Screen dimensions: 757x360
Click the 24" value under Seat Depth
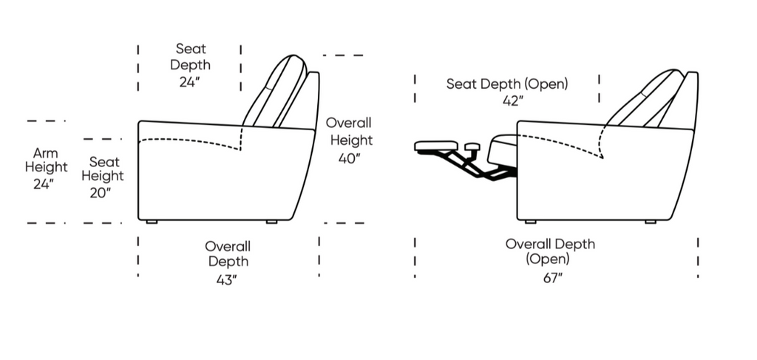[x=190, y=82]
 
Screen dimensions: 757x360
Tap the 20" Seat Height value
[x=101, y=193]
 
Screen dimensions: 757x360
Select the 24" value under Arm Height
[x=44, y=184]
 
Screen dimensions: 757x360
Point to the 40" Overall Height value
[x=350, y=158]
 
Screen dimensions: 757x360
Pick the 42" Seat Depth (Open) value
[x=513, y=101]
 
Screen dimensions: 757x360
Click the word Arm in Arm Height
[x=45, y=154]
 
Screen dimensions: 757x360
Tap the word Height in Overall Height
[x=351, y=140]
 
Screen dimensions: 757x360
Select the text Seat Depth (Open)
[x=507, y=84]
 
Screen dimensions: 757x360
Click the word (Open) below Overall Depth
[x=548, y=259]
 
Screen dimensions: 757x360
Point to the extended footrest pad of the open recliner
[x=436, y=146]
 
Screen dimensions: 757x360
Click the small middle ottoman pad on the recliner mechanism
[x=472, y=146]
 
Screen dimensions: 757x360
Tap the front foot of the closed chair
[x=152, y=222]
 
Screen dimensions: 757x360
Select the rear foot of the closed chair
[x=272, y=222]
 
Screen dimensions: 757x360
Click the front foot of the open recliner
[x=531, y=222]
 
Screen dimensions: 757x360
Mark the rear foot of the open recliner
[x=651, y=222]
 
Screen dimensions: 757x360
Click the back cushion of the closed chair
[x=275, y=92]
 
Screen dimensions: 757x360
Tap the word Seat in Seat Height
[x=104, y=162]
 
